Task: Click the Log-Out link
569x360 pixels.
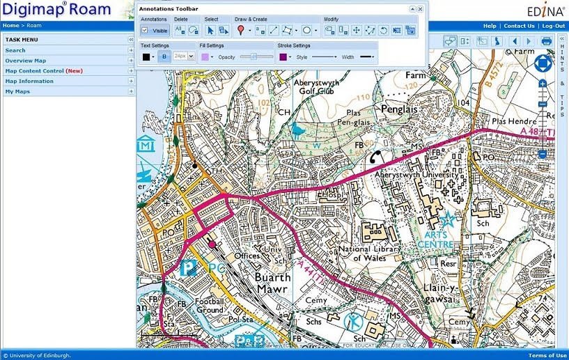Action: coord(554,26)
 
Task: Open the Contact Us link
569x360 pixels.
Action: coord(519,26)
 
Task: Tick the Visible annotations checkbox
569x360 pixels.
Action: coord(145,31)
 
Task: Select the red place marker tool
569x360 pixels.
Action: coord(240,30)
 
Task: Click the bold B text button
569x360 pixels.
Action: coord(164,56)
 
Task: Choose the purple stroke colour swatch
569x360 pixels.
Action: coord(283,56)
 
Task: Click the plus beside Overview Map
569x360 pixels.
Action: coord(130,61)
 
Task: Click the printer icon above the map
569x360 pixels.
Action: coord(547,41)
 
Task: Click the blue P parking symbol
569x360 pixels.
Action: coord(187,268)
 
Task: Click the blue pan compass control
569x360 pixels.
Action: coord(543,65)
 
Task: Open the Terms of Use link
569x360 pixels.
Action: coord(546,356)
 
